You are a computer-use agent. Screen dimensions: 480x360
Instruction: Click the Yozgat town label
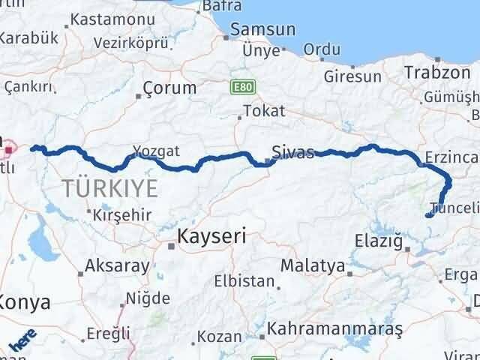pyautogui.click(x=155, y=151)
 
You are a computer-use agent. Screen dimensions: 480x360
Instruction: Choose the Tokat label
pyautogui.click(x=265, y=111)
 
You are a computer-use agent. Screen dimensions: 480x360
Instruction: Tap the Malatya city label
pyautogui.click(x=313, y=265)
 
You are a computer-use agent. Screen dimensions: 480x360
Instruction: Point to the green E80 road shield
pyautogui.click(x=243, y=88)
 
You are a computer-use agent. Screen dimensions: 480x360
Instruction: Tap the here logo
pyautogui.click(x=23, y=342)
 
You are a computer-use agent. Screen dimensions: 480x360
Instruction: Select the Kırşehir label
pyautogui.click(x=123, y=215)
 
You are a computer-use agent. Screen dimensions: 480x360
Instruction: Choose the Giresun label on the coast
pyautogui.click(x=353, y=76)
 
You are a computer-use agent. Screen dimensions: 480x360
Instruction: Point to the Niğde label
pyautogui.click(x=148, y=299)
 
